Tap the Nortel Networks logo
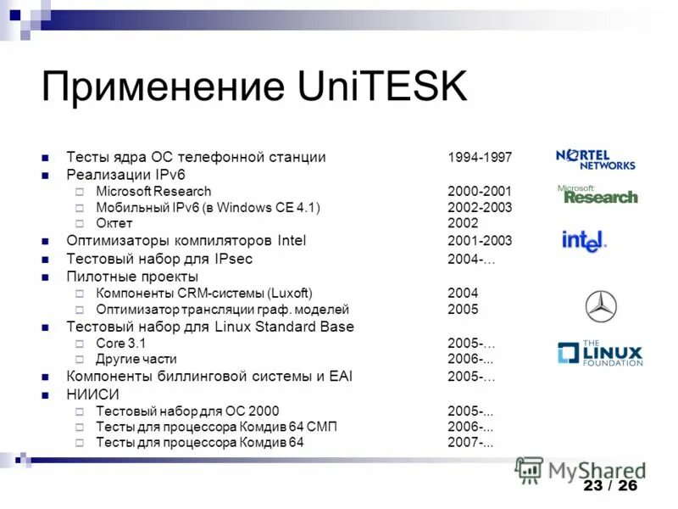tap(595, 159)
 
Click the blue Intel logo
tap(585, 241)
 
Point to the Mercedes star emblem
tap(601, 306)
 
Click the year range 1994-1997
tap(480, 158)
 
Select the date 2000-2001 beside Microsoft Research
tap(480, 192)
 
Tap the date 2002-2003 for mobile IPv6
tap(480, 208)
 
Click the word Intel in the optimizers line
tap(287, 241)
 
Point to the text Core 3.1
tap(121, 344)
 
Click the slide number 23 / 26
tap(609, 485)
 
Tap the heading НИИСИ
tap(92, 394)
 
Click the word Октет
tap(114, 223)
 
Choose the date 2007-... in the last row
tap(471, 443)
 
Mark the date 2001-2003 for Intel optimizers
tap(480, 241)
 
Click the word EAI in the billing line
tap(340, 376)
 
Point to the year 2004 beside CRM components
tap(463, 294)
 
